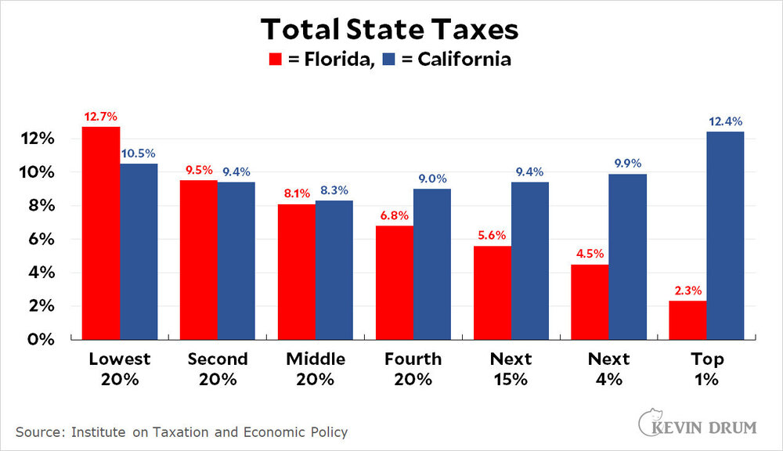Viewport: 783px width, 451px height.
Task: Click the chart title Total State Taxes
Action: pos(389,29)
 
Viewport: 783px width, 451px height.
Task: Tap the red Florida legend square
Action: pos(276,60)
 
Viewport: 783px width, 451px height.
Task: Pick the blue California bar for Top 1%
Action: pos(725,235)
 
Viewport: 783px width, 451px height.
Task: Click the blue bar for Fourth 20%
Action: pos(432,264)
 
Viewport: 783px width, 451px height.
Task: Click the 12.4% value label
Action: pos(725,122)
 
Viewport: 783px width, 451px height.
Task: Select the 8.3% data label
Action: pos(334,191)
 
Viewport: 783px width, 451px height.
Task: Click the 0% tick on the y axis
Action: pos(41,340)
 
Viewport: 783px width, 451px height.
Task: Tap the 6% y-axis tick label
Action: pos(41,240)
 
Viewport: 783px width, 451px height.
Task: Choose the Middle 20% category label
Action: pos(315,370)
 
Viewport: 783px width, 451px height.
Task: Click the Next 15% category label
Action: pos(511,370)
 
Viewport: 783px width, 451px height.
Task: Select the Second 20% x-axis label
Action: pos(217,370)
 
